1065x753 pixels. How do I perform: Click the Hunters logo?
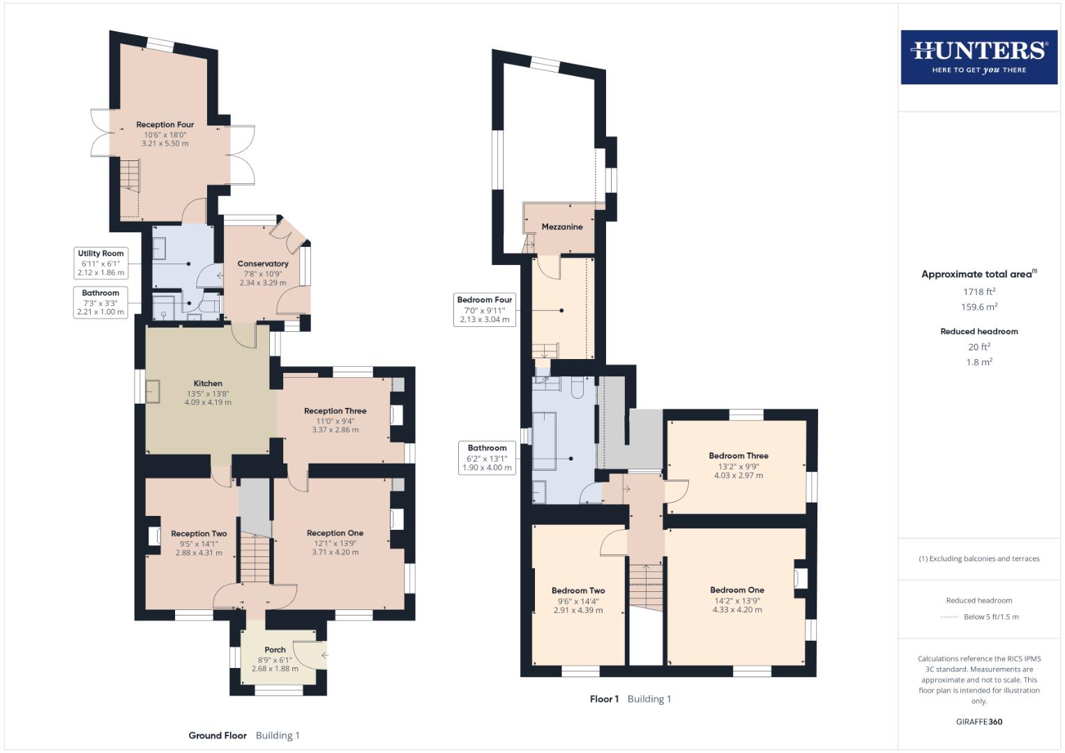(979, 57)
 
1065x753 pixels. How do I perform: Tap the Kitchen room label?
(208, 383)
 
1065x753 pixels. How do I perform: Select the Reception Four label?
(165, 125)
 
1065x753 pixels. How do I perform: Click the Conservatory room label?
(263, 264)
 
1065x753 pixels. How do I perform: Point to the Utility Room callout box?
(101, 263)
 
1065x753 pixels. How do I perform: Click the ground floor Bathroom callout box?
(101, 303)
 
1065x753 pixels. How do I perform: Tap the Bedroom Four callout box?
(485, 310)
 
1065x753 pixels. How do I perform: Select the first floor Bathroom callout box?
(487, 457)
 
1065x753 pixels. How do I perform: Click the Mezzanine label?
(562, 227)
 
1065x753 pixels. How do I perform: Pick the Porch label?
(275, 650)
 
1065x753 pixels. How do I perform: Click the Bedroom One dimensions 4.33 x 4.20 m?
(737, 609)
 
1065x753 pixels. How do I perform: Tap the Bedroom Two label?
(578, 591)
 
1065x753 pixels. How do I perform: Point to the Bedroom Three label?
(739, 456)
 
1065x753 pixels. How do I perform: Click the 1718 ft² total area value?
(979, 291)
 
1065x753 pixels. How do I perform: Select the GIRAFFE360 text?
(979, 722)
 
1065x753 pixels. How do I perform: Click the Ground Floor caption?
(218, 735)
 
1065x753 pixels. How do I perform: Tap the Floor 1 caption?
(604, 699)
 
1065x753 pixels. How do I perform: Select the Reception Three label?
(335, 411)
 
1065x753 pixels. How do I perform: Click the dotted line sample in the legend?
(949, 617)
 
